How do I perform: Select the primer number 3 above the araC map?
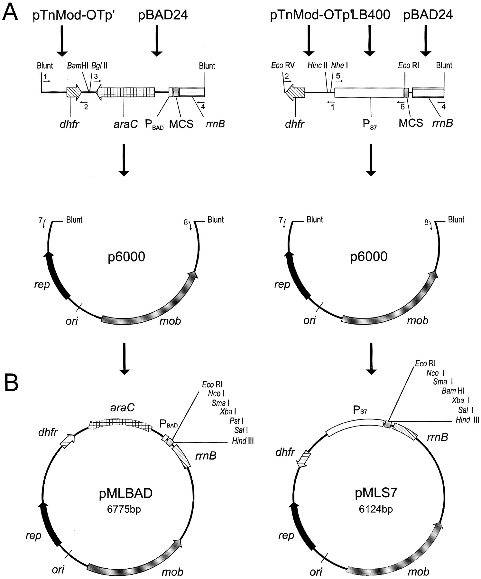pyautogui.click(x=96, y=76)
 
